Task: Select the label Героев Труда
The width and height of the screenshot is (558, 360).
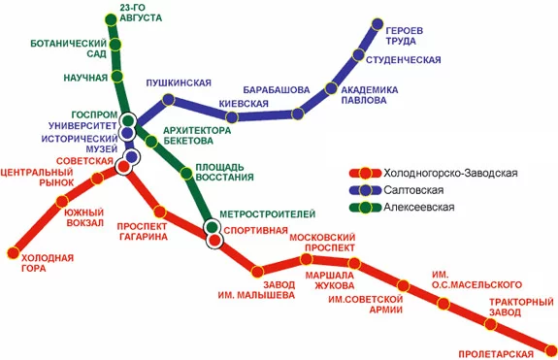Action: coord(404,34)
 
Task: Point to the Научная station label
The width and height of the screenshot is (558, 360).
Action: coord(84,76)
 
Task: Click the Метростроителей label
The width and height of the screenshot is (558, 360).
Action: coord(267,213)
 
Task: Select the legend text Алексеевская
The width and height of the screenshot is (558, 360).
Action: coord(419,207)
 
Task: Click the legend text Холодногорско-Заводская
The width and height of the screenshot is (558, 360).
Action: coord(451,173)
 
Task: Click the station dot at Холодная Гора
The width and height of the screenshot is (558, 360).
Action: coord(14,253)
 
